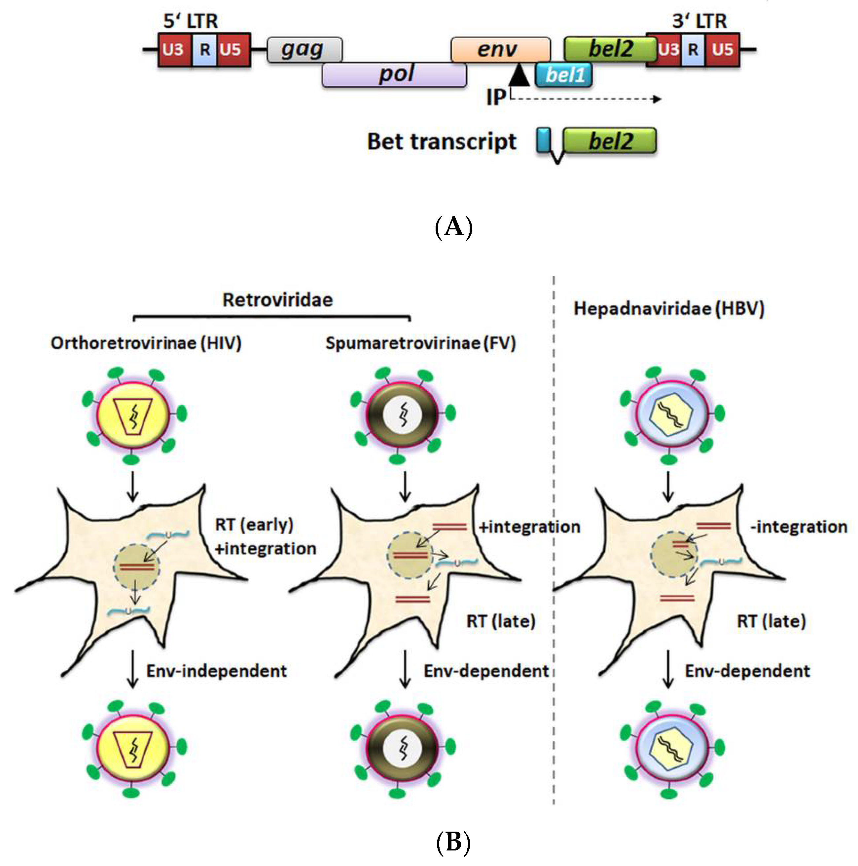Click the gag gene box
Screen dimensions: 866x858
click(304, 49)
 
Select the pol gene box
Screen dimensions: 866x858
click(394, 74)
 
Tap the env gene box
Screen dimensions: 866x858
click(500, 49)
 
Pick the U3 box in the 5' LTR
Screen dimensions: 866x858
click(174, 49)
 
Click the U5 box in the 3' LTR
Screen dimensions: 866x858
click(722, 49)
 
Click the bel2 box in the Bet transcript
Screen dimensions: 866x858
click(610, 141)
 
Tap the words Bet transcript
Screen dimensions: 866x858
click(442, 142)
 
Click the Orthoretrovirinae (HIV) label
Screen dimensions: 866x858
click(146, 343)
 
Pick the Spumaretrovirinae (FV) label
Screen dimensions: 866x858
click(420, 343)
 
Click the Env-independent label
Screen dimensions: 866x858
click(216, 671)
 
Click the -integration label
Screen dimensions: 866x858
click(799, 527)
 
